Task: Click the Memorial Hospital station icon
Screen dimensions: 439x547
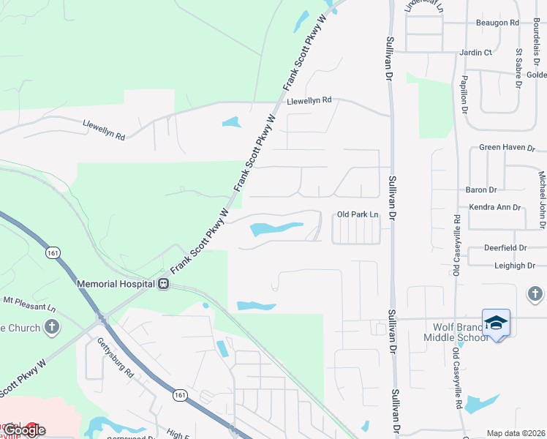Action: (x=165, y=283)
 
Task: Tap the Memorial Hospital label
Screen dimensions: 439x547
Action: (x=117, y=283)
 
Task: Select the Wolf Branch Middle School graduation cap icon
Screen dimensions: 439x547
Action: (x=497, y=323)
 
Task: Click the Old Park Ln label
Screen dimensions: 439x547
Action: (x=358, y=214)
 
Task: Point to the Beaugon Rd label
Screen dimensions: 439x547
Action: (x=497, y=23)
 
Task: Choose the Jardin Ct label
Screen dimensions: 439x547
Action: (x=475, y=53)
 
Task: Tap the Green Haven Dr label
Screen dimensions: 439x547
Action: (x=508, y=147)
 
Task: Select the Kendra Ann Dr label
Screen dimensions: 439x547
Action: (x=494, y=207)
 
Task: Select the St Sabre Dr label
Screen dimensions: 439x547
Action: (x=518, y=67)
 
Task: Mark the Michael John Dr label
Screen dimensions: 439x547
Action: (x=542, y=191)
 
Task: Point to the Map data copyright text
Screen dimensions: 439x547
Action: (x=516, y=433)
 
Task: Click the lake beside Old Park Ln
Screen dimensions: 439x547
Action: (x=276, y=229)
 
